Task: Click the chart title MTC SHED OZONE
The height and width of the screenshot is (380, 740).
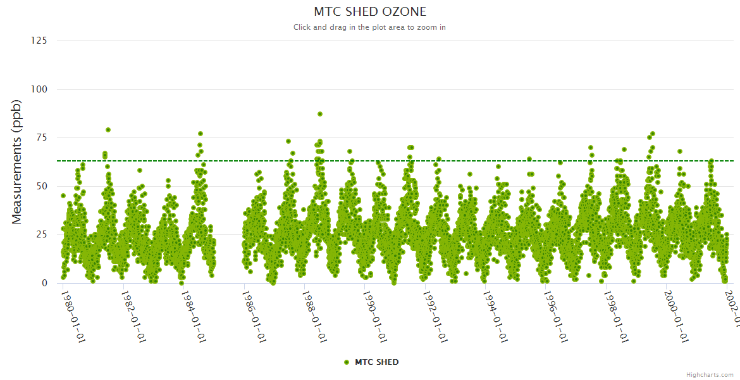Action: click(x=370, y=11)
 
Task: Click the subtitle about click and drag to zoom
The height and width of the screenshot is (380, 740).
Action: click(x=370, y=27)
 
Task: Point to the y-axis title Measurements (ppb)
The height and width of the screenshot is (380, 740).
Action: click(x=17, y=162)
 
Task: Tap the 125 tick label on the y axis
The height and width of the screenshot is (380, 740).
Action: click(x=39, y=41)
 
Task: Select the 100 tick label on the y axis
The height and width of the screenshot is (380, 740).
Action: click(x=39, y=89)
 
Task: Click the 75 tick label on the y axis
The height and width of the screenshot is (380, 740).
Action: click(x=41, y=138)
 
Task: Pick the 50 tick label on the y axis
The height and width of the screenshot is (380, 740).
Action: click(x=41, y=186)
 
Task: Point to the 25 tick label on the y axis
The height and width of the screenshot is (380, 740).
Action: click(x=41, y=235)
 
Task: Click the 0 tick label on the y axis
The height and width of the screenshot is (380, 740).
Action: click(x=44, y=283)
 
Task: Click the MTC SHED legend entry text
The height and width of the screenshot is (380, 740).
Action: click(x=377, y=362)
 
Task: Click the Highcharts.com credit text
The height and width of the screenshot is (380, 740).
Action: click(x=710, y=374)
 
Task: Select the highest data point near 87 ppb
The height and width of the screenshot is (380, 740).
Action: click(x=320, y=114)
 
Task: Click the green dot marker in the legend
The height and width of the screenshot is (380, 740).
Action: click(x=346, y=362)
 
